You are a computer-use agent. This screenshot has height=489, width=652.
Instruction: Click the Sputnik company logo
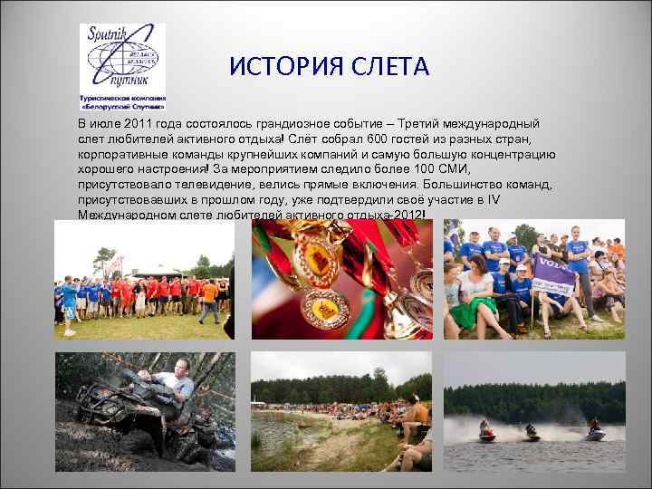tap(121, 66)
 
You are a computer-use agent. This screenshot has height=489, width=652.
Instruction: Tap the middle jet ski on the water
tap(531, 434)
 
